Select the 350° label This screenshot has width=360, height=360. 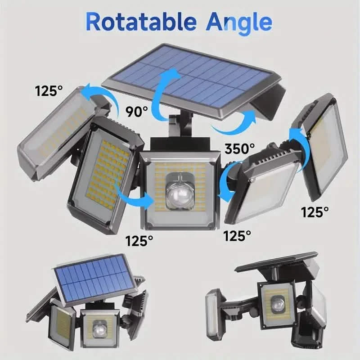(239, 148)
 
